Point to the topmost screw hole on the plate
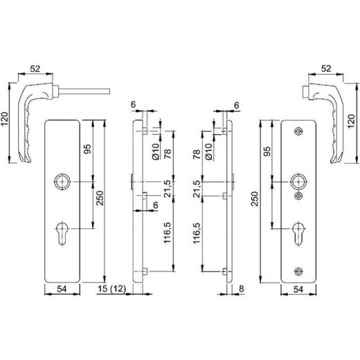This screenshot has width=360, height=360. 298,132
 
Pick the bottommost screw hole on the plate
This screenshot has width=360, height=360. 298,271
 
